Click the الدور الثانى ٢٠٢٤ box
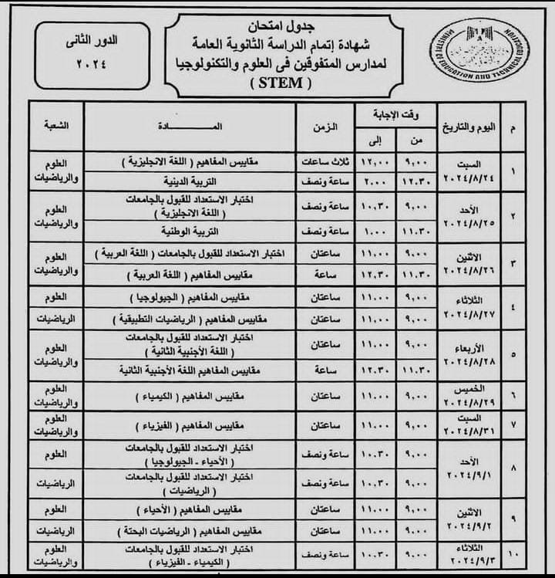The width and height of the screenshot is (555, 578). (x=82, y=56)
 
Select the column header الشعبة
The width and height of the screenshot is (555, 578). (x=56, y=124)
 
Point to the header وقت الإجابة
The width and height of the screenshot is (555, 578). (x=396, y=113)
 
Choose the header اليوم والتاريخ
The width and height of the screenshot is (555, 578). (x=467, y=125)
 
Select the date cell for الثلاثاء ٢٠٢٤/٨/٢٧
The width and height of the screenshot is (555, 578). (x=467, y=307)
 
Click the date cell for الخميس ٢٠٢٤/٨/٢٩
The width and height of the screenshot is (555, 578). (x=467, y=396)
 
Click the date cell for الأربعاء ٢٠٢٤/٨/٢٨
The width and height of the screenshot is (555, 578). (x=467, y=353)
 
